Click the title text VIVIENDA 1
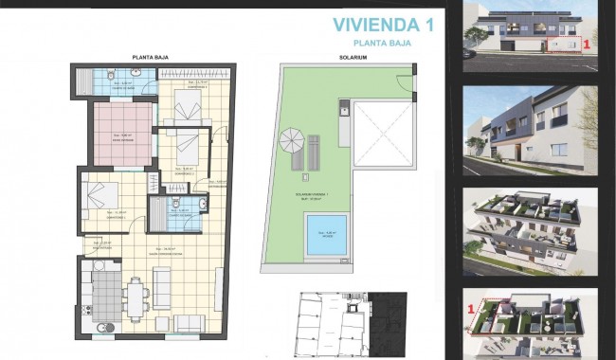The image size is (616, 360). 383,24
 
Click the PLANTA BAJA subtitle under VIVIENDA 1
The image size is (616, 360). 390,43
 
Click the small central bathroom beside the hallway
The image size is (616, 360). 184,211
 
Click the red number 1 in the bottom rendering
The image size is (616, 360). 472,307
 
